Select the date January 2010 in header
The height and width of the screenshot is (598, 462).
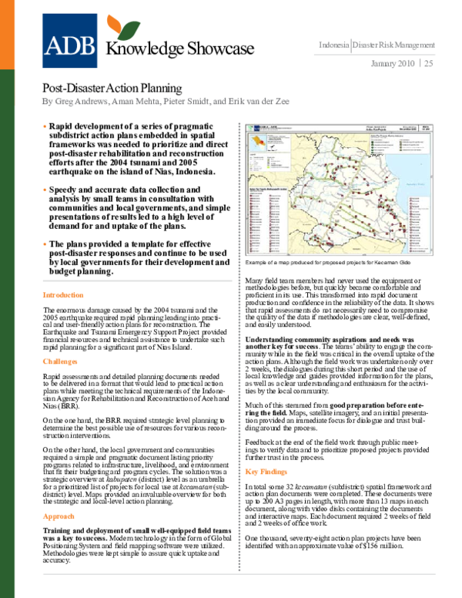[x=393, y=62]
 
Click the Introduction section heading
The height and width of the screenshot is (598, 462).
[x=64, y=295]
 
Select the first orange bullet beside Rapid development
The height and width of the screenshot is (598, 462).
[x=45, y=124]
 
